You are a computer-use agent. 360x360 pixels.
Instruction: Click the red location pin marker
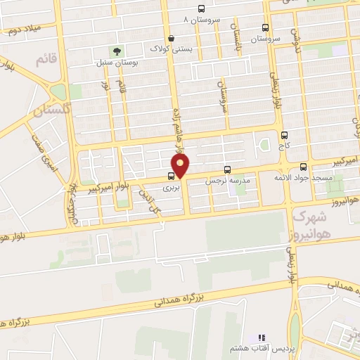(x=181, y=167)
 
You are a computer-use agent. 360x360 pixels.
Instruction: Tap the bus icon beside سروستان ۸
(x=202, y=9)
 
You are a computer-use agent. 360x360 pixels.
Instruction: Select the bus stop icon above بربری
(x=172, y=176)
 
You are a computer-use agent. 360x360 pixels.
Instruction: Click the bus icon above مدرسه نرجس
(x=227, y=169)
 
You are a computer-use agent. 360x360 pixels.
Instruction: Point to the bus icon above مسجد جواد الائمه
(x=303, y=167)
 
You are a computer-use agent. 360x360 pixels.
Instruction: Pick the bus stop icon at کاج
(x=284, y=135)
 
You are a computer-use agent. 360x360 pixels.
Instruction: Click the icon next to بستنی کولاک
(x=171, y=38)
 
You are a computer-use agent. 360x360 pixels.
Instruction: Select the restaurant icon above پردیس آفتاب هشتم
(x=262, y=338)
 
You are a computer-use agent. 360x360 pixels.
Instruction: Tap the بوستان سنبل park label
(x=117, y=63)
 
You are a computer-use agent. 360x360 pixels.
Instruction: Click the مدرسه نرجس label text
(x=226, y=181)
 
